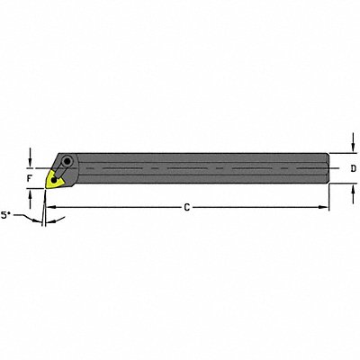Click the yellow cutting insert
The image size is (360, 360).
tap(57, 179)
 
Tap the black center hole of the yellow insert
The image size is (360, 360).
tap(58, 179)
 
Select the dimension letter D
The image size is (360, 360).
tap(353, 168)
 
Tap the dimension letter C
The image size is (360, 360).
tap(185, 209)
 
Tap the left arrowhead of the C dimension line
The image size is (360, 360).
tap(49, 208)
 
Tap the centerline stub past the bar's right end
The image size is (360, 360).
tap(335, 168)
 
